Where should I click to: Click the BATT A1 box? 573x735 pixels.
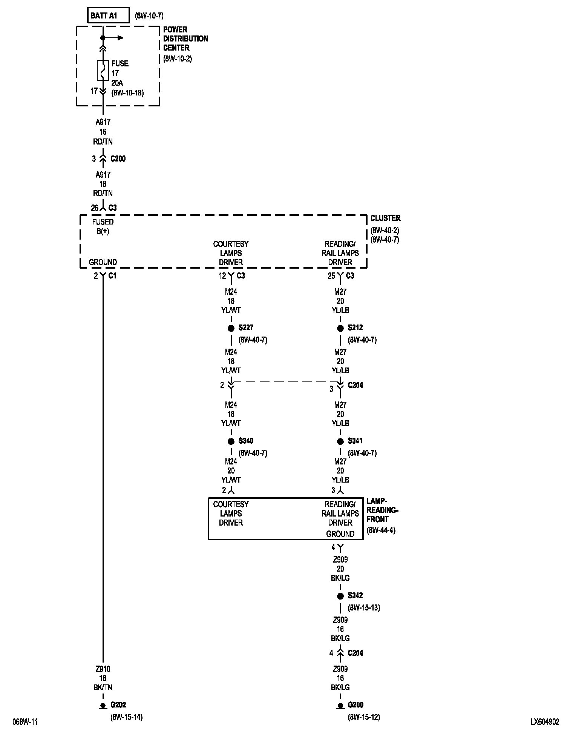pos(109,15)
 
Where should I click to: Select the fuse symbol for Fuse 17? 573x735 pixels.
pos(103,70)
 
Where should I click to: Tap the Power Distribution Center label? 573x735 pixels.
pos(185,38)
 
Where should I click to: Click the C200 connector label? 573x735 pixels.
pos(118,159)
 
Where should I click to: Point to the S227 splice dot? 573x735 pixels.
pos(231,328)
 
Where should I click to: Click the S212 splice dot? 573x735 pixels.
pos(340,328)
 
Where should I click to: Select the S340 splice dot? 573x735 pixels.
pos(231,441)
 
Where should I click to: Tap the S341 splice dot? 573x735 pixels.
pos(340,441)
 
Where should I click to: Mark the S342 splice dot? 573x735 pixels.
pos(340,596)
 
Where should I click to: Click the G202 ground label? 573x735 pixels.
pos(118,705)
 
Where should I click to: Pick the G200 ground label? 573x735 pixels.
pos(355,705)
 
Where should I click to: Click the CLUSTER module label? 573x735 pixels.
pos(385,218)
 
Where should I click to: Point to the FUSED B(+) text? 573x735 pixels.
pos(103,226)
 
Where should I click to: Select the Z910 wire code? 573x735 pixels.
pos(103,669)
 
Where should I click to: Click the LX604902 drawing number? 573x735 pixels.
pos(545,722)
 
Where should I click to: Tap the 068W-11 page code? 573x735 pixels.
pos(25,722)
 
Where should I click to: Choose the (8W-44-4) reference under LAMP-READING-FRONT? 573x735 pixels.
pos(381,530)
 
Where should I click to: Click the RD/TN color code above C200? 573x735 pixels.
pos(103,141)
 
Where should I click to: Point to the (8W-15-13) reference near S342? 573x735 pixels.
pos(364,608)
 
